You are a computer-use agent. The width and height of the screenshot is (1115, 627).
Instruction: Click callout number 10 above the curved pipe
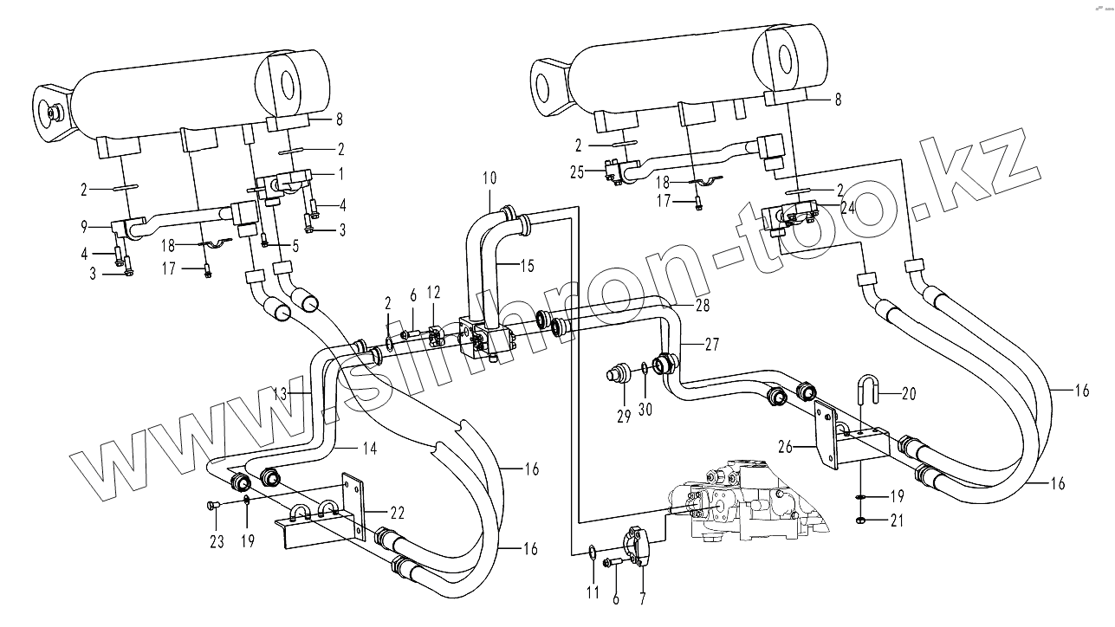(489, 178)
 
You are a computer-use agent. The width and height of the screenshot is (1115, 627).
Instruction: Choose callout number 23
(216, 542)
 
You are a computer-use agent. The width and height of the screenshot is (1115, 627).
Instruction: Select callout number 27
(710, 344)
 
